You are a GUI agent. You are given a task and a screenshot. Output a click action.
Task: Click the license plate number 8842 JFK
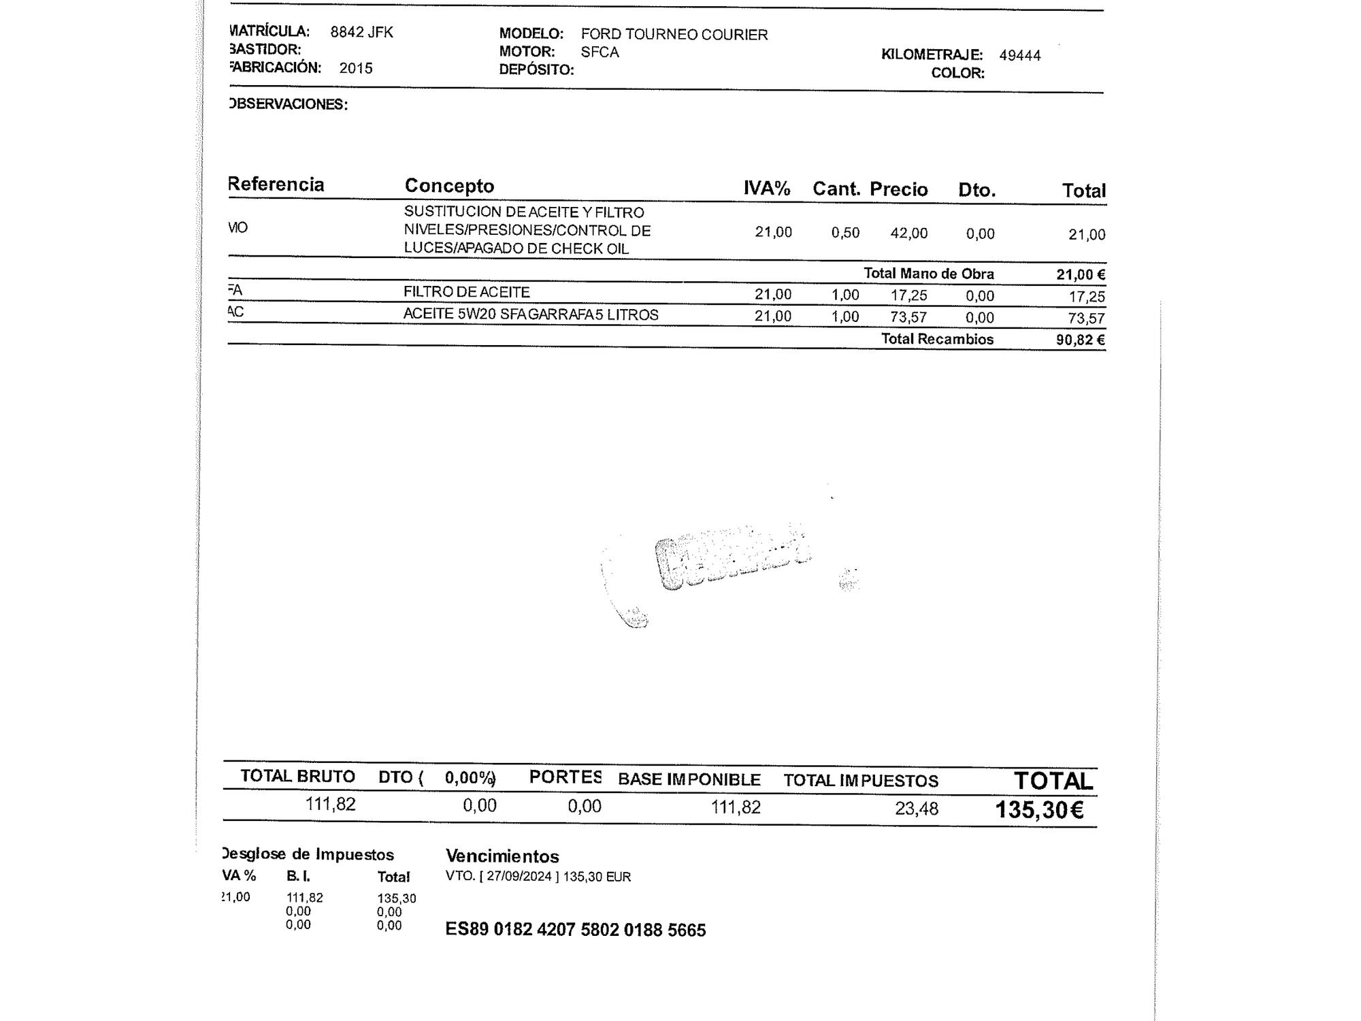point(361,32)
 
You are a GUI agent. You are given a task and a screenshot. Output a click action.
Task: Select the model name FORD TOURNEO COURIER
point(674,35)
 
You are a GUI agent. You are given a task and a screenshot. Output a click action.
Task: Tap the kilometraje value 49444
point(1019,56)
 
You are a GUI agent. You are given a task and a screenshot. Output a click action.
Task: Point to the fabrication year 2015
point(356,68)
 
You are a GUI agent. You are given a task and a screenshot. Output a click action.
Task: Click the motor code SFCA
point(600,52)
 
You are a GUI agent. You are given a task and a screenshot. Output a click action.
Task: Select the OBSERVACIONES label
point(289,104)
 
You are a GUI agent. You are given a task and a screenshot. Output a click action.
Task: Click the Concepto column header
point(449,186)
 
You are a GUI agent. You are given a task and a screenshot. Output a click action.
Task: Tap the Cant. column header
point(836,189)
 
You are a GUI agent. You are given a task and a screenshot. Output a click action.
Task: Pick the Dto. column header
point(977,190)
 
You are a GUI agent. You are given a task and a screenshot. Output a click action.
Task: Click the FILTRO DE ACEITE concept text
point(466,292)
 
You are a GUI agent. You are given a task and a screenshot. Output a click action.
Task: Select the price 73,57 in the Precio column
point(908,317)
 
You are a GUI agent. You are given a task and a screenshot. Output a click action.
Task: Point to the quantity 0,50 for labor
point(845,233)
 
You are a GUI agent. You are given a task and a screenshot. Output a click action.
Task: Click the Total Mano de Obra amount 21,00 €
point(1080,274)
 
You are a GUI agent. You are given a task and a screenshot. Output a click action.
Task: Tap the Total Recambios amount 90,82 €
point(1080,340)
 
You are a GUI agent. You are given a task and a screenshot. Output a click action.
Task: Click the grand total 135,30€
point(1039,810)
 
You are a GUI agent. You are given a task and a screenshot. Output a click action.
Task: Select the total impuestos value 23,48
point(916,809)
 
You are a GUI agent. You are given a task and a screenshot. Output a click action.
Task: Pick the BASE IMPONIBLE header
point(689,779)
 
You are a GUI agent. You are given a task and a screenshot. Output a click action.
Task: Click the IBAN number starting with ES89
point(575,930)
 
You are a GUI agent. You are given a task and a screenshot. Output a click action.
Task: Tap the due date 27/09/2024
point(519,877)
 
